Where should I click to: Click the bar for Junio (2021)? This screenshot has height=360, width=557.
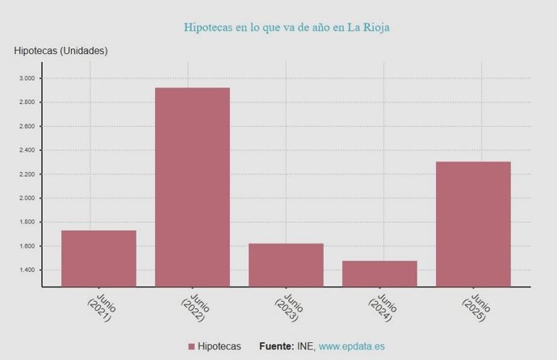98,258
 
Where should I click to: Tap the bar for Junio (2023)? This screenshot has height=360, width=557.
286,265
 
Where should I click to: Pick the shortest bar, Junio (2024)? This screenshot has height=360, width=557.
379,274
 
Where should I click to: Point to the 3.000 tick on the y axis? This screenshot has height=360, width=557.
27,78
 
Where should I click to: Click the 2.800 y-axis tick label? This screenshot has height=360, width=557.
27,103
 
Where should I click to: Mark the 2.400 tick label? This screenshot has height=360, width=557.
27,150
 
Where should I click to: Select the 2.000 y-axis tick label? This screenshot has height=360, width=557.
27,198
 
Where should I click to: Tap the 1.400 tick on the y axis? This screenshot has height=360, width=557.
27,270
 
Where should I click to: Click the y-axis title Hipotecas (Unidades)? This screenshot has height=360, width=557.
61,51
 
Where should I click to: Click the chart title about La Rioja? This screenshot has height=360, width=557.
287,27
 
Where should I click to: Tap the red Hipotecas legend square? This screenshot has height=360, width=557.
191,346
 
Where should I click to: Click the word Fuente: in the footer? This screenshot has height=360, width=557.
276,346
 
